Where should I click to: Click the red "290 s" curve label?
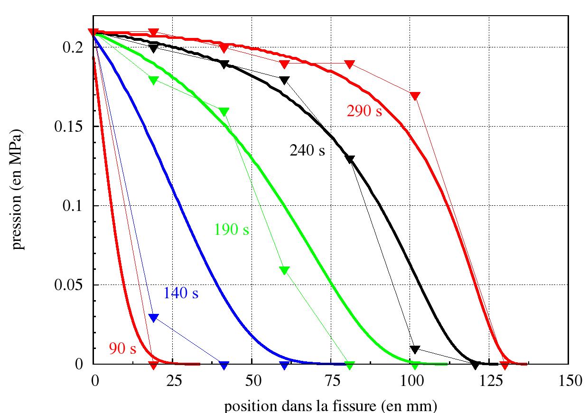tap(364, 112)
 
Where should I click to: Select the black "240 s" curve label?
tap(308, 151)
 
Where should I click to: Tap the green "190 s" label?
tap(232, 230)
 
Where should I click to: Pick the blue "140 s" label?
tap(181, 294)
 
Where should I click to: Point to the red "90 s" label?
tap(122, 349)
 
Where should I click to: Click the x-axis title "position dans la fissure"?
tap(330, 406)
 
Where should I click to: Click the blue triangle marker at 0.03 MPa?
tap(153, 318)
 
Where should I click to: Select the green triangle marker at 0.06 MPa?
tap(284, 270)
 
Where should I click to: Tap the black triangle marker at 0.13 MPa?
tap(350, 159)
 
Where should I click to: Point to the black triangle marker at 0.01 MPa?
tap(415, 349)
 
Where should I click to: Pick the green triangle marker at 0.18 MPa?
tap(153, 80)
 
